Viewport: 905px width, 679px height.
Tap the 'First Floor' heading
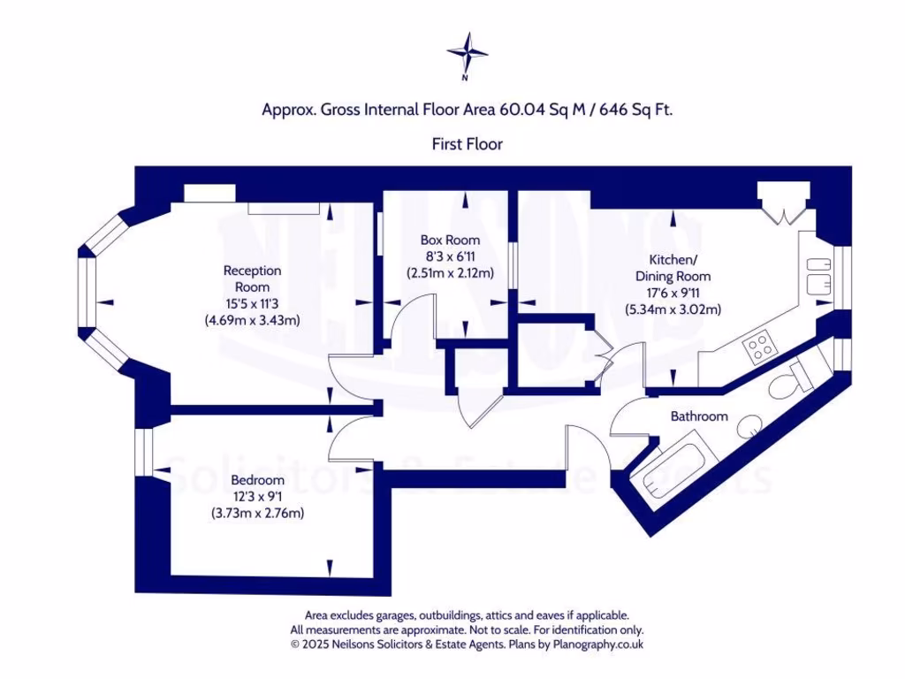pyautogui.click(x=467, y=143)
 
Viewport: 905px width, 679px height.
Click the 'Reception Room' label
pyautogui.click(x=252, y=278)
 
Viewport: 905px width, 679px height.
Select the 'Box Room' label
pyautogui.click(x=450, y=240)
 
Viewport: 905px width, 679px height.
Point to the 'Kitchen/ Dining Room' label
pyautogui.click(x=673, y=268)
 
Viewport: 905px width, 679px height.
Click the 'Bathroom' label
pyautogui.click(x=699, y=416)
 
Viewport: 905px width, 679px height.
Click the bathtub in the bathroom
pyautogui.click(x=673, y=469)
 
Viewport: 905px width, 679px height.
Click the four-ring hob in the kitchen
pyautogui.click(x=760, y=347)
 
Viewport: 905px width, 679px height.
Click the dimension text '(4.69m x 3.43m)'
pyautogui.click(x=252, y=320)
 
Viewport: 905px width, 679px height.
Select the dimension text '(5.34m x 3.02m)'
pyautogui.click(x=673, y=309)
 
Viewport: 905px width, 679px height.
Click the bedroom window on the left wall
pyautogui.click(x=141, y=460)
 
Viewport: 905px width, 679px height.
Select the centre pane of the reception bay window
pyautogui.click(x=85, y=294)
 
